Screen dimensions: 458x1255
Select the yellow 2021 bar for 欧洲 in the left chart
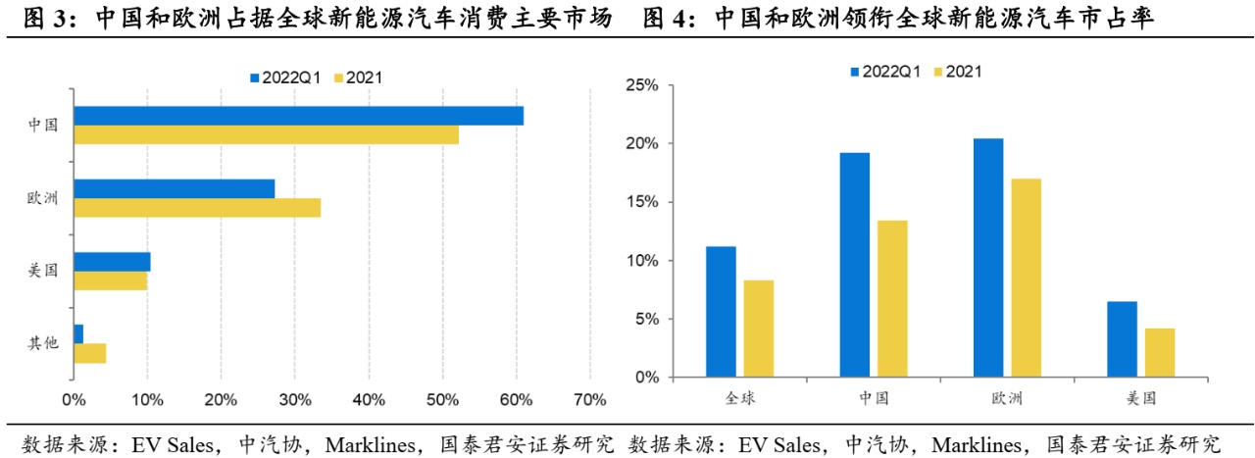[x=197, y=208]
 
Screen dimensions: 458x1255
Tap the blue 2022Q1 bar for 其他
[x=78, y=333]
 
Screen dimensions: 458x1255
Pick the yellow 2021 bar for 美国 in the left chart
[x=110, y=280]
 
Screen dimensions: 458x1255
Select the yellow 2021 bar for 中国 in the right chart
[x=892, y=299]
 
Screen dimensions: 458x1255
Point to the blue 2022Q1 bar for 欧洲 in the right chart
[x=988, y=258]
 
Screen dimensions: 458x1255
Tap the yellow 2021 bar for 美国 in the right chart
[x=1159, y=353]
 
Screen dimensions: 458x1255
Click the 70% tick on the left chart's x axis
[x=589, y=400]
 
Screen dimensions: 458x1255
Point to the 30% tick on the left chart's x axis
[x=294, y=400]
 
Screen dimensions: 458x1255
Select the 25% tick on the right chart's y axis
[x=641, y=85]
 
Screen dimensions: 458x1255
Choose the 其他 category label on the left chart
[x=43, y=343]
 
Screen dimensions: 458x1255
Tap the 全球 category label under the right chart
[x=740, y=398]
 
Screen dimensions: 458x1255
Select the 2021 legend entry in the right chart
[x=964, y=71]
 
